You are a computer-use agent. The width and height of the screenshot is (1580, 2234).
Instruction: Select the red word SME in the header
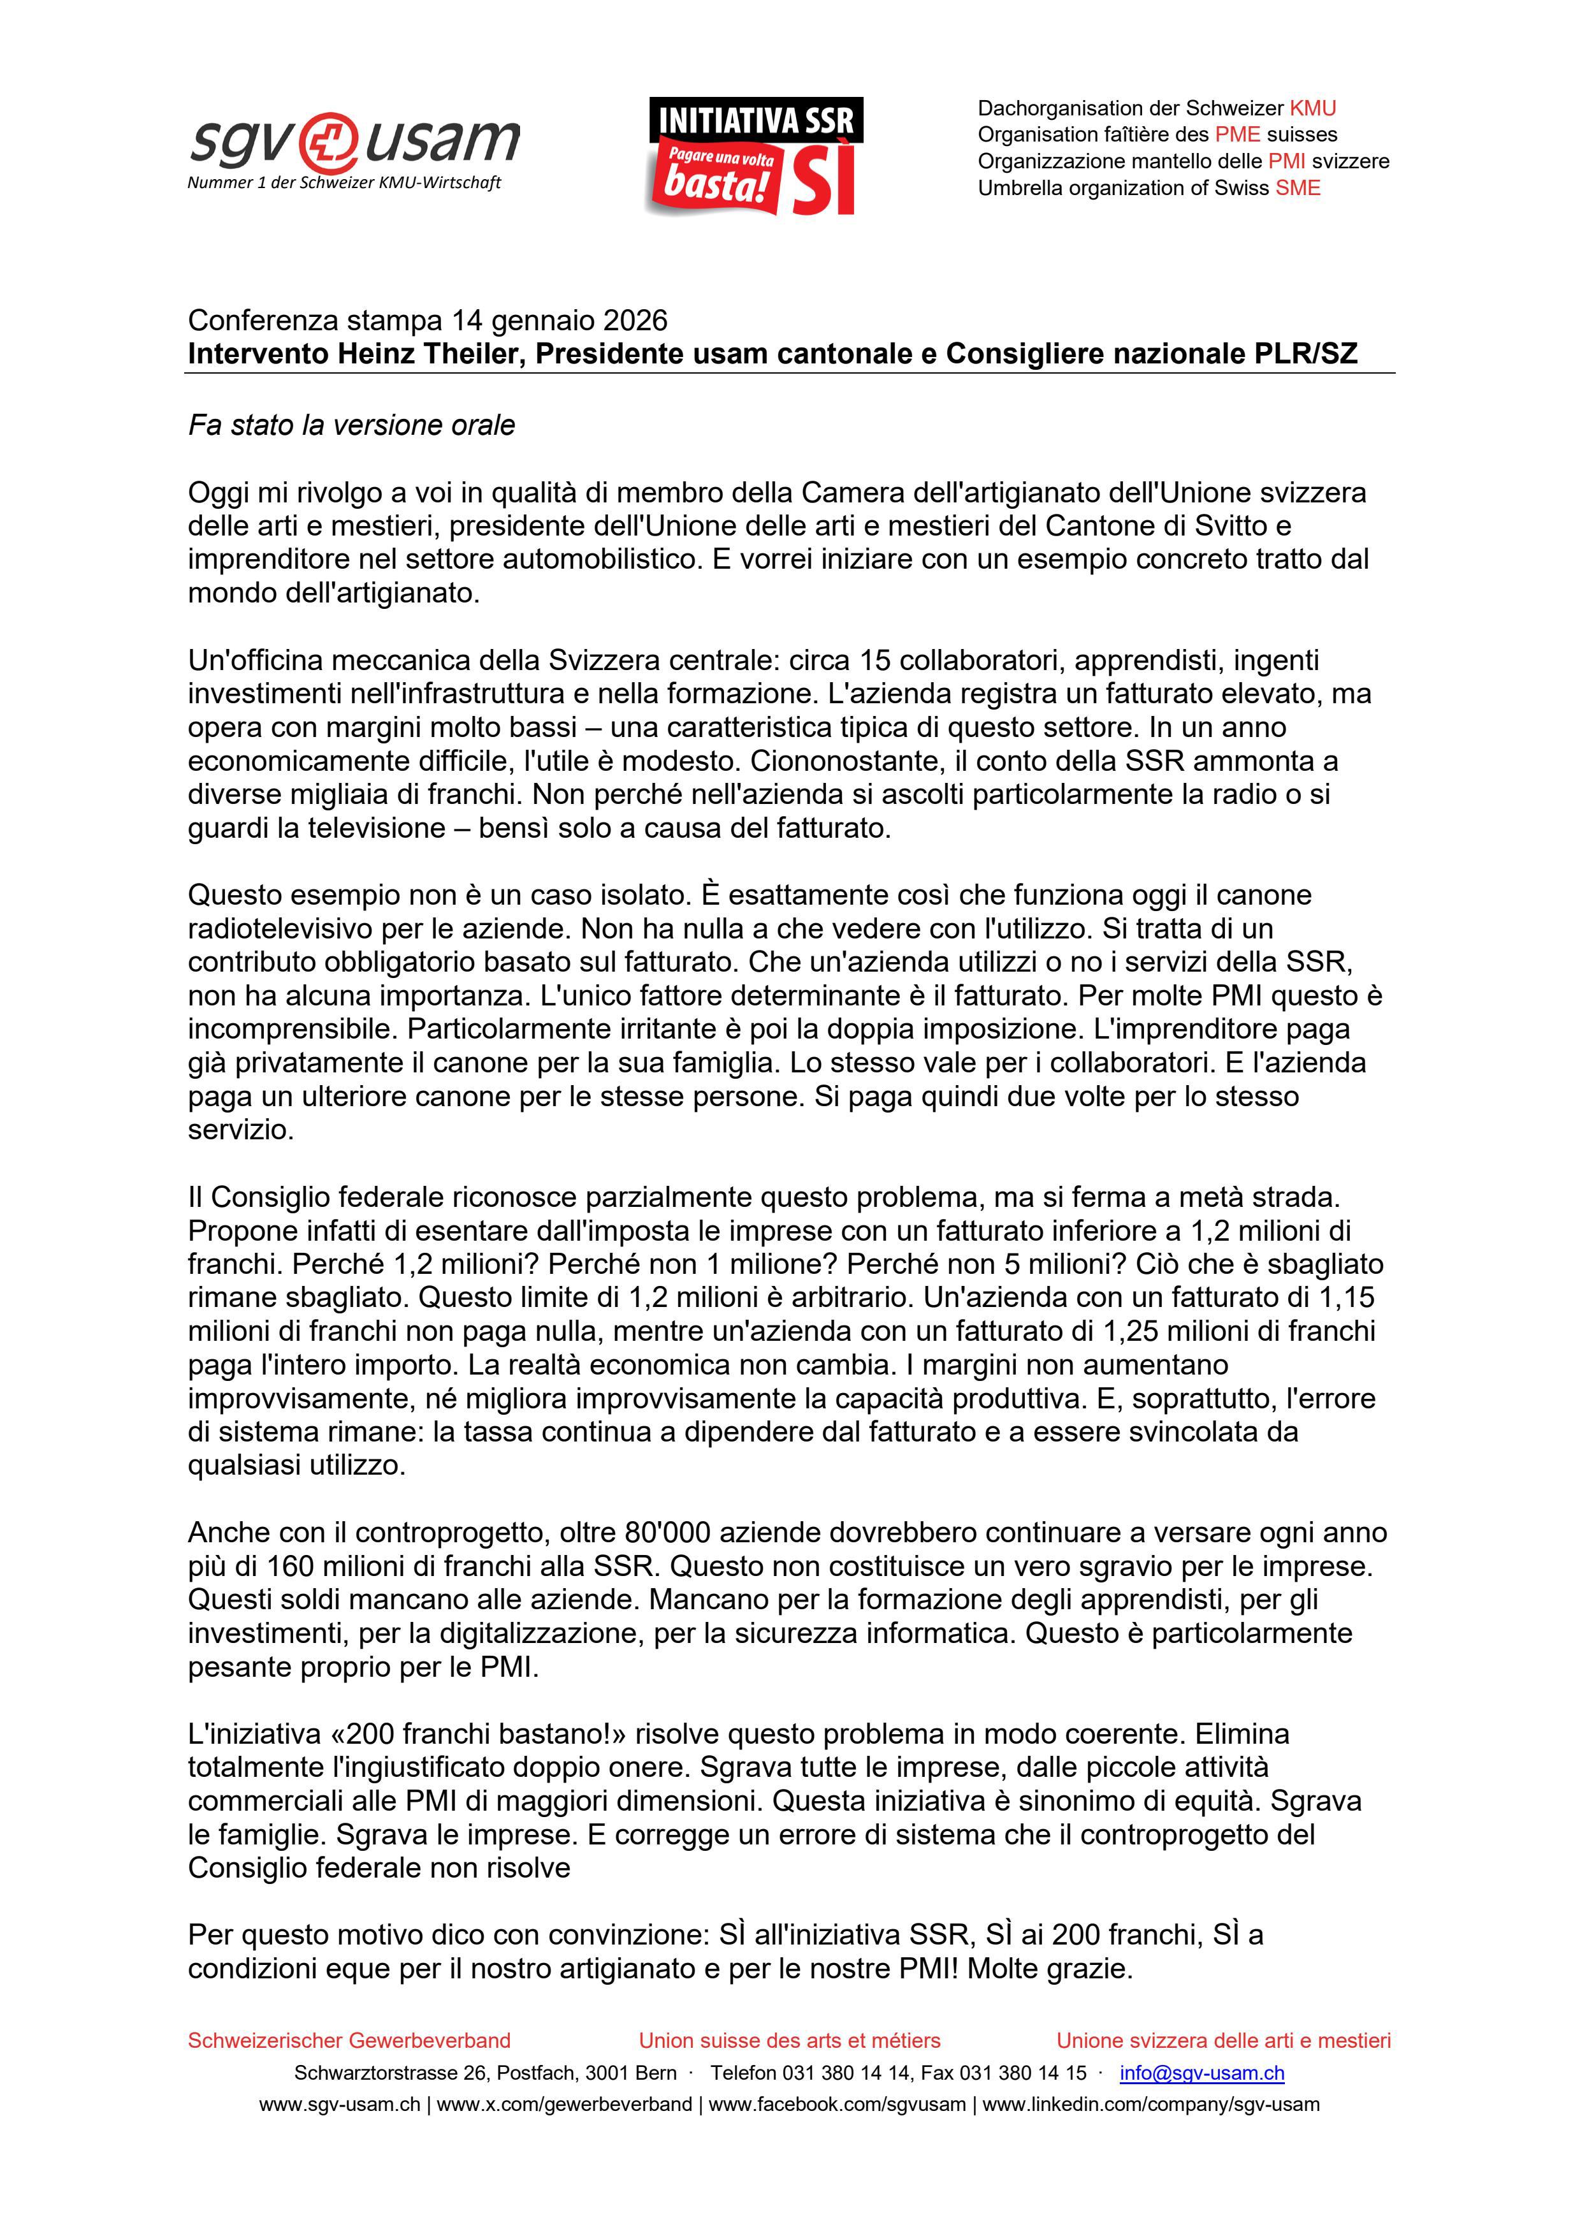tap(1298, 188)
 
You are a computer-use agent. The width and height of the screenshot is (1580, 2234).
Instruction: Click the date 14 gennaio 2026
tap(560, 320)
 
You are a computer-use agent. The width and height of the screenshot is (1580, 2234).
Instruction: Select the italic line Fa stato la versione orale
tap(351, 425)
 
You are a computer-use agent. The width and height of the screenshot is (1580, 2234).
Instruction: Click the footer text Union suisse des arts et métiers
tap(789, 2040)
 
